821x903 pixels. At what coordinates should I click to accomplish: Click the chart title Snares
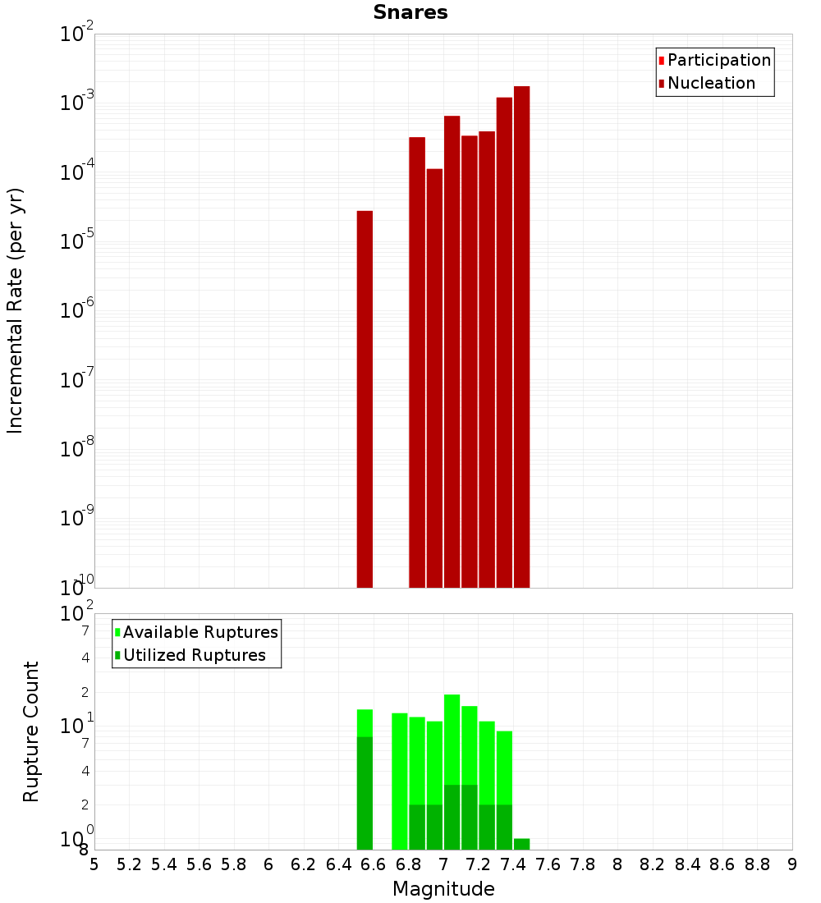410,12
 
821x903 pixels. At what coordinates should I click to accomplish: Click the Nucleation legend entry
711,83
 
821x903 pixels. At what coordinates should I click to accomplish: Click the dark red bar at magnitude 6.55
365,399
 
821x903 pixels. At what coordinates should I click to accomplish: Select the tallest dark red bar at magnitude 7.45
521,337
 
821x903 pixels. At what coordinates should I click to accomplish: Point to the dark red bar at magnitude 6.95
434,378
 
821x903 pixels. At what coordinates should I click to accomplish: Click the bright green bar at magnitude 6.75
400,781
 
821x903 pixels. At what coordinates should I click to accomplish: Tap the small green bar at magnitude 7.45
521,844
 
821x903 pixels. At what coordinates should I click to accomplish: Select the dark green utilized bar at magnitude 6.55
365,793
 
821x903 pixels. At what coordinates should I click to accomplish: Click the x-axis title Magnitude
443,889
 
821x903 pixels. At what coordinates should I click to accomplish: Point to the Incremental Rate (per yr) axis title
16,310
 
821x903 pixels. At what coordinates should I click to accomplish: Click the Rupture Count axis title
31,731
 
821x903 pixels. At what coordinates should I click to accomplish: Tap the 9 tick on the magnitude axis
792,864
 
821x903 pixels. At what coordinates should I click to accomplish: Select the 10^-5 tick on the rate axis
78,241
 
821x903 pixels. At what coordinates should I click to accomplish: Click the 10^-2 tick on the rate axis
78,34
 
